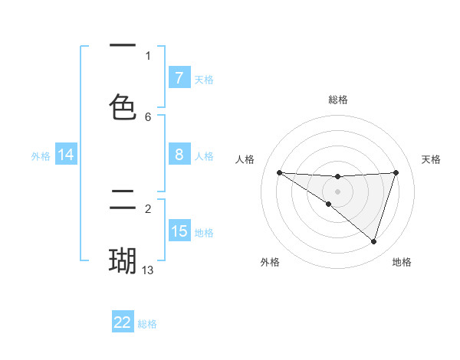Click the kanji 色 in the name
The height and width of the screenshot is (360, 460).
(123, 106)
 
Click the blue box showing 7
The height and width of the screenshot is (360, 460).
(179, 77)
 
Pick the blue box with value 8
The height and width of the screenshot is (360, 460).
(179, 155)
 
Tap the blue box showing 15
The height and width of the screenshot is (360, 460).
(179, 231)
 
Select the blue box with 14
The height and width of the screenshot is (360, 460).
(66, 155)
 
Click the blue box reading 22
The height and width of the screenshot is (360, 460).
(123, 322)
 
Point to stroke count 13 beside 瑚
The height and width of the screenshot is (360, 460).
(148, 270)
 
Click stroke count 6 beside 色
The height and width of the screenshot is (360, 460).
(148, 116)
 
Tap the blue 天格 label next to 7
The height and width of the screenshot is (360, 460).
(204, 79)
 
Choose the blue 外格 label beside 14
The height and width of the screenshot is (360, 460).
(41, 155)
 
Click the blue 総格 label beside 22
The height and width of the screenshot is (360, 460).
(147, 324)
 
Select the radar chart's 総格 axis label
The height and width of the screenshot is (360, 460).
(337, 100)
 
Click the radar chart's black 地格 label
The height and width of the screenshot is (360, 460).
(402, 262)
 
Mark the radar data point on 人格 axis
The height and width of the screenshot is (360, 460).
(279, 172)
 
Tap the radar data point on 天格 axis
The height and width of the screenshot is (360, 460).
(396, 172)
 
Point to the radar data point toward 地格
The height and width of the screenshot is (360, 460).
(373, 241)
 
